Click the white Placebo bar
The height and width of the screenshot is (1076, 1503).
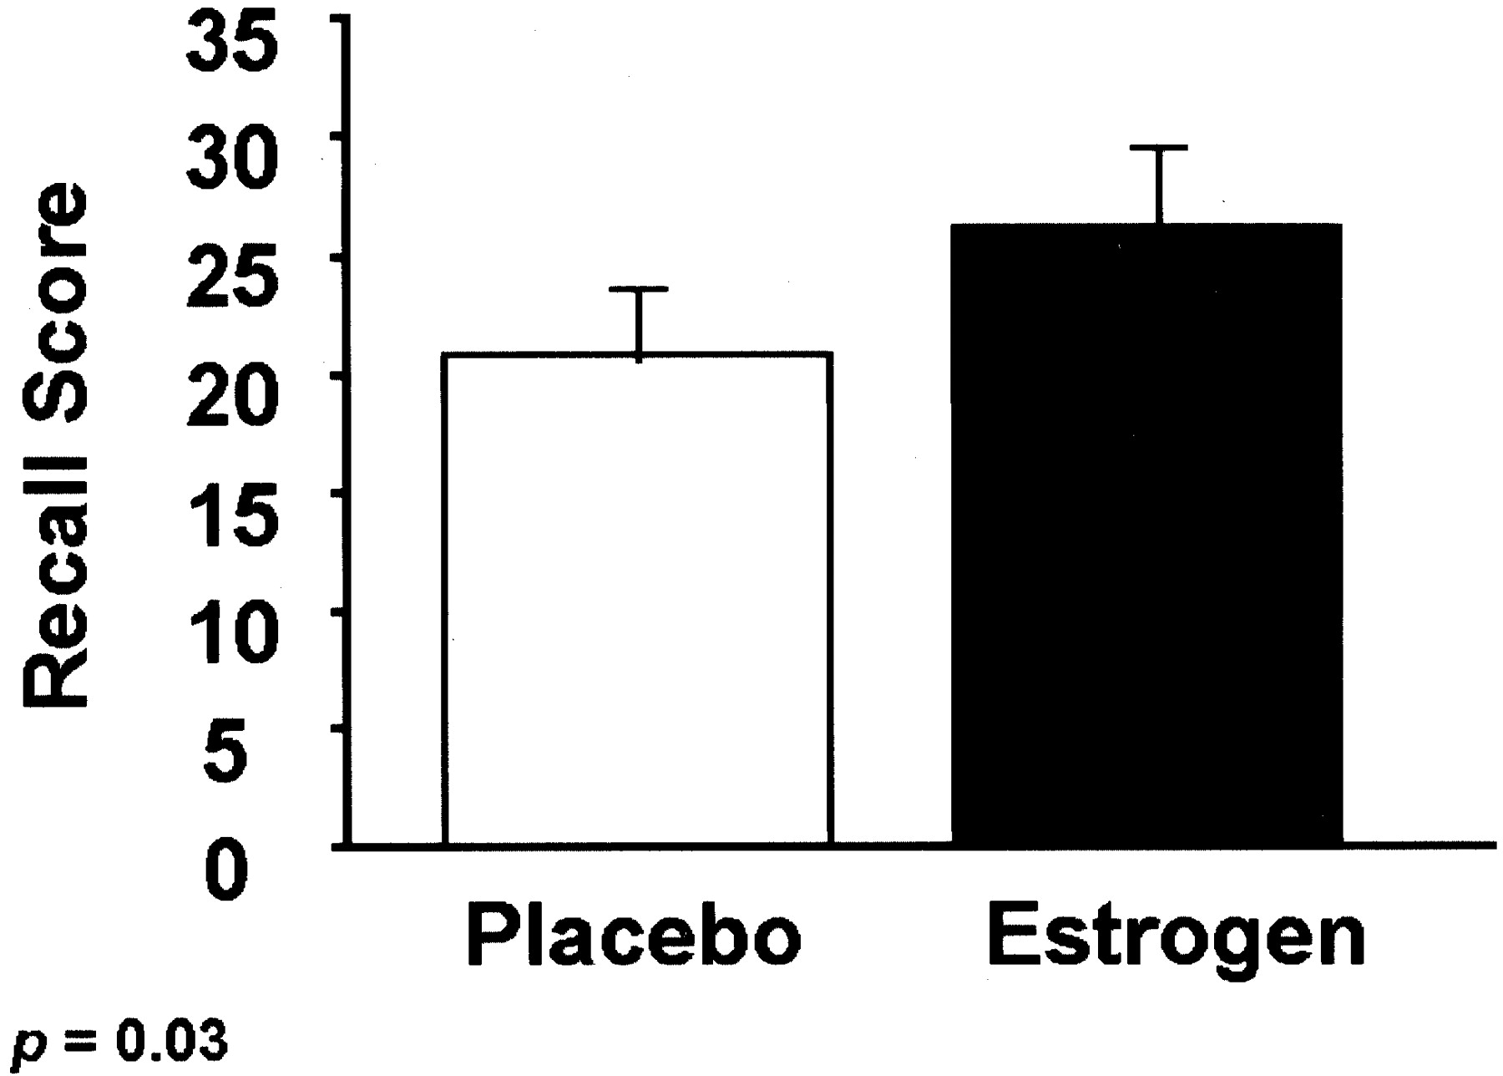[639, 598]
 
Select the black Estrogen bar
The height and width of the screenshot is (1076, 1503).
[1146, 535]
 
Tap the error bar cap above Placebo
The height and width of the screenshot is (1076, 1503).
[639, 289]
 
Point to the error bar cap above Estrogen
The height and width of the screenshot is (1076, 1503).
[1159, 148]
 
